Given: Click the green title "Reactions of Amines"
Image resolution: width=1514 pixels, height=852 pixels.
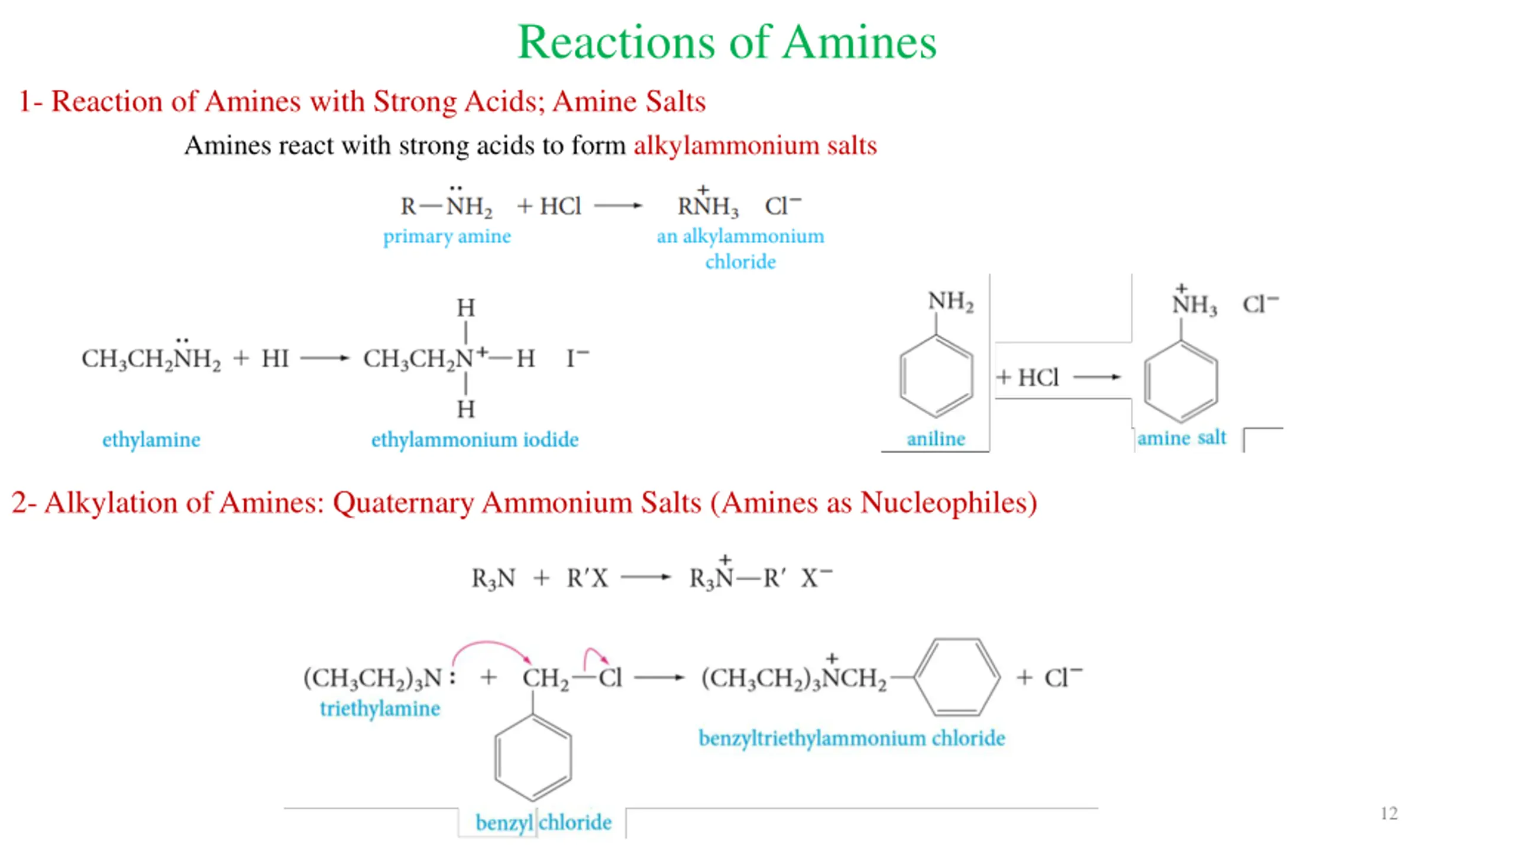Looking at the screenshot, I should (727, 43).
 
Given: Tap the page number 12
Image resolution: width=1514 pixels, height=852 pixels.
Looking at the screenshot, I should (1389, 814).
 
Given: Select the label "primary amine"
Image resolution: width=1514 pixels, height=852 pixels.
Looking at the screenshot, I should (447, 236).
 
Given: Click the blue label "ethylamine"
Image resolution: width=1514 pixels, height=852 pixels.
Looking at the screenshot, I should (151, 440).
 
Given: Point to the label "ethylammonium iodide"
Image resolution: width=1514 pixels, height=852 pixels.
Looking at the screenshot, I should (474, 440).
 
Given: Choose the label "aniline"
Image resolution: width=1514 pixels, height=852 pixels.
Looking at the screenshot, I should (936, 438).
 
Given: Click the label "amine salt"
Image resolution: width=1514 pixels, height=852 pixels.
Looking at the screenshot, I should (1181, 438).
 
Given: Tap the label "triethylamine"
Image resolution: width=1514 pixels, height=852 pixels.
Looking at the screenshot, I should (380, 708).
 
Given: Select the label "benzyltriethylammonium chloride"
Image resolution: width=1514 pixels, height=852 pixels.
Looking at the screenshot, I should (852, 738).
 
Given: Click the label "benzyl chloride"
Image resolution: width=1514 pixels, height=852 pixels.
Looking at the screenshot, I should (543, 822).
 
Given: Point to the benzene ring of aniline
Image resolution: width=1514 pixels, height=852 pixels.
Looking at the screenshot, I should (936, 376).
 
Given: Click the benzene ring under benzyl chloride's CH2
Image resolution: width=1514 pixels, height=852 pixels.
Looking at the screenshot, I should (533, 758).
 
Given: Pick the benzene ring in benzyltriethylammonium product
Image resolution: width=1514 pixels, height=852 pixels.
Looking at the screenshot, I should (957, 677).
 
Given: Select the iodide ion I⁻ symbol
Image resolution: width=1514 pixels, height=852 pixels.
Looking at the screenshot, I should (577, 358).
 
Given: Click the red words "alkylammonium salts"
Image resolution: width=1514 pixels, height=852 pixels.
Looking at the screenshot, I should (755, 146).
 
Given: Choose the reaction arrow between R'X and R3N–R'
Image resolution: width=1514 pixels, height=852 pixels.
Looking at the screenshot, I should (645, 577).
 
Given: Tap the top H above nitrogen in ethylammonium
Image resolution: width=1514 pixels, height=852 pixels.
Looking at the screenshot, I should (465, 308).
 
